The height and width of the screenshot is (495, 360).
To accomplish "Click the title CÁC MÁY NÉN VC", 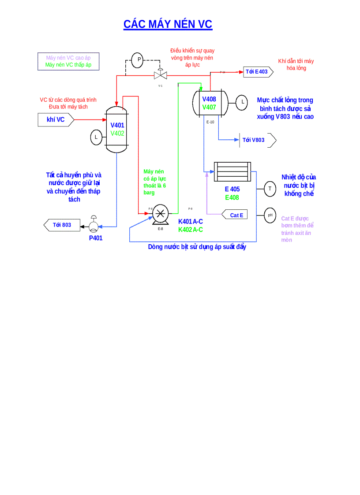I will (168, 24).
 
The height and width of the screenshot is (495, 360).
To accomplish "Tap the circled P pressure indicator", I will (138, 60).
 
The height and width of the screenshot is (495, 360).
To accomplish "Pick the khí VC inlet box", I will (55, 119).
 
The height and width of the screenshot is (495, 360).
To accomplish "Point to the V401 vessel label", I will (117, 125).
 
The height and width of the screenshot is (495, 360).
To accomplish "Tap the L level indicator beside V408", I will (242, 102).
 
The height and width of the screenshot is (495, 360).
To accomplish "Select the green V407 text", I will (209, 107).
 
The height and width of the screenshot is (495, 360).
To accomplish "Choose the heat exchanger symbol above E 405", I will (232, 171).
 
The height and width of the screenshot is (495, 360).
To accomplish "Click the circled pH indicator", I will (270, 215).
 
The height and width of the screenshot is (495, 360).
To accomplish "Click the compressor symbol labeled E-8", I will (160, 214).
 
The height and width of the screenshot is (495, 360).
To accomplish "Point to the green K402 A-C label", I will (191, 230).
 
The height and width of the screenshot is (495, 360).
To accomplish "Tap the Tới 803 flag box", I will (62, 225).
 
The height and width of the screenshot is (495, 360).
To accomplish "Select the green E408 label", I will (232, 197).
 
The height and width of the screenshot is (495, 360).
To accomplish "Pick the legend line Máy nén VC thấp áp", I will (68, 65).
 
